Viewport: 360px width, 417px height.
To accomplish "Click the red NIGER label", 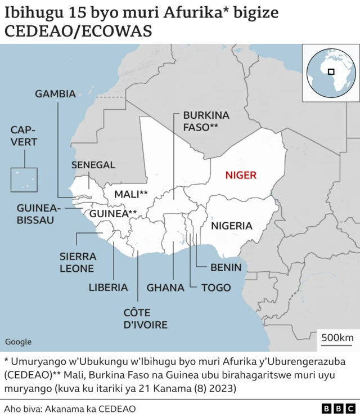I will [x=241, y=175].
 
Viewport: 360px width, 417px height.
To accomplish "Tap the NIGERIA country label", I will [x=231, y=226].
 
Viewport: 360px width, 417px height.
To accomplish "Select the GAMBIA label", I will [x=55, y=94].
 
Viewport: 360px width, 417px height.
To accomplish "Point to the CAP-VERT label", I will [x=24, y=137].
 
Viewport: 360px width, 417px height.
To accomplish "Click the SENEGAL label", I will [x=93, y=165].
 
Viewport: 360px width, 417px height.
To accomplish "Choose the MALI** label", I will [x=131, y=194].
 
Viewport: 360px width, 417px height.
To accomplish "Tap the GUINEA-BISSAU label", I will [x=35, y=213].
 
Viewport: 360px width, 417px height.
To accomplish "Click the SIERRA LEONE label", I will [x=78, y=262].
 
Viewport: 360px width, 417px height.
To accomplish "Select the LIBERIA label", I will [x=108, y=288].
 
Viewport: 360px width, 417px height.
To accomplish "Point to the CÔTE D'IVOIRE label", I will [x=145, y=319].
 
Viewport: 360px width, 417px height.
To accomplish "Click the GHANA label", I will [x=165, y=288].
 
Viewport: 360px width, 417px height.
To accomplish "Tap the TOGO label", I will [x=216, y=288].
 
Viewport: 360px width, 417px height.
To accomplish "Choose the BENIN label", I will [x=226, y=267].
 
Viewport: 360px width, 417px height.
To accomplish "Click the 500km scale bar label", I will [x=337, y=337].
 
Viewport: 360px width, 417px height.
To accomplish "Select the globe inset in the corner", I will [x=330, y=73].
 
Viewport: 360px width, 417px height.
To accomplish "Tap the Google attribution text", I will [x=18, y=342].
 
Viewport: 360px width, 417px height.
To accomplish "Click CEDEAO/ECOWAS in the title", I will [x=78, y=32].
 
